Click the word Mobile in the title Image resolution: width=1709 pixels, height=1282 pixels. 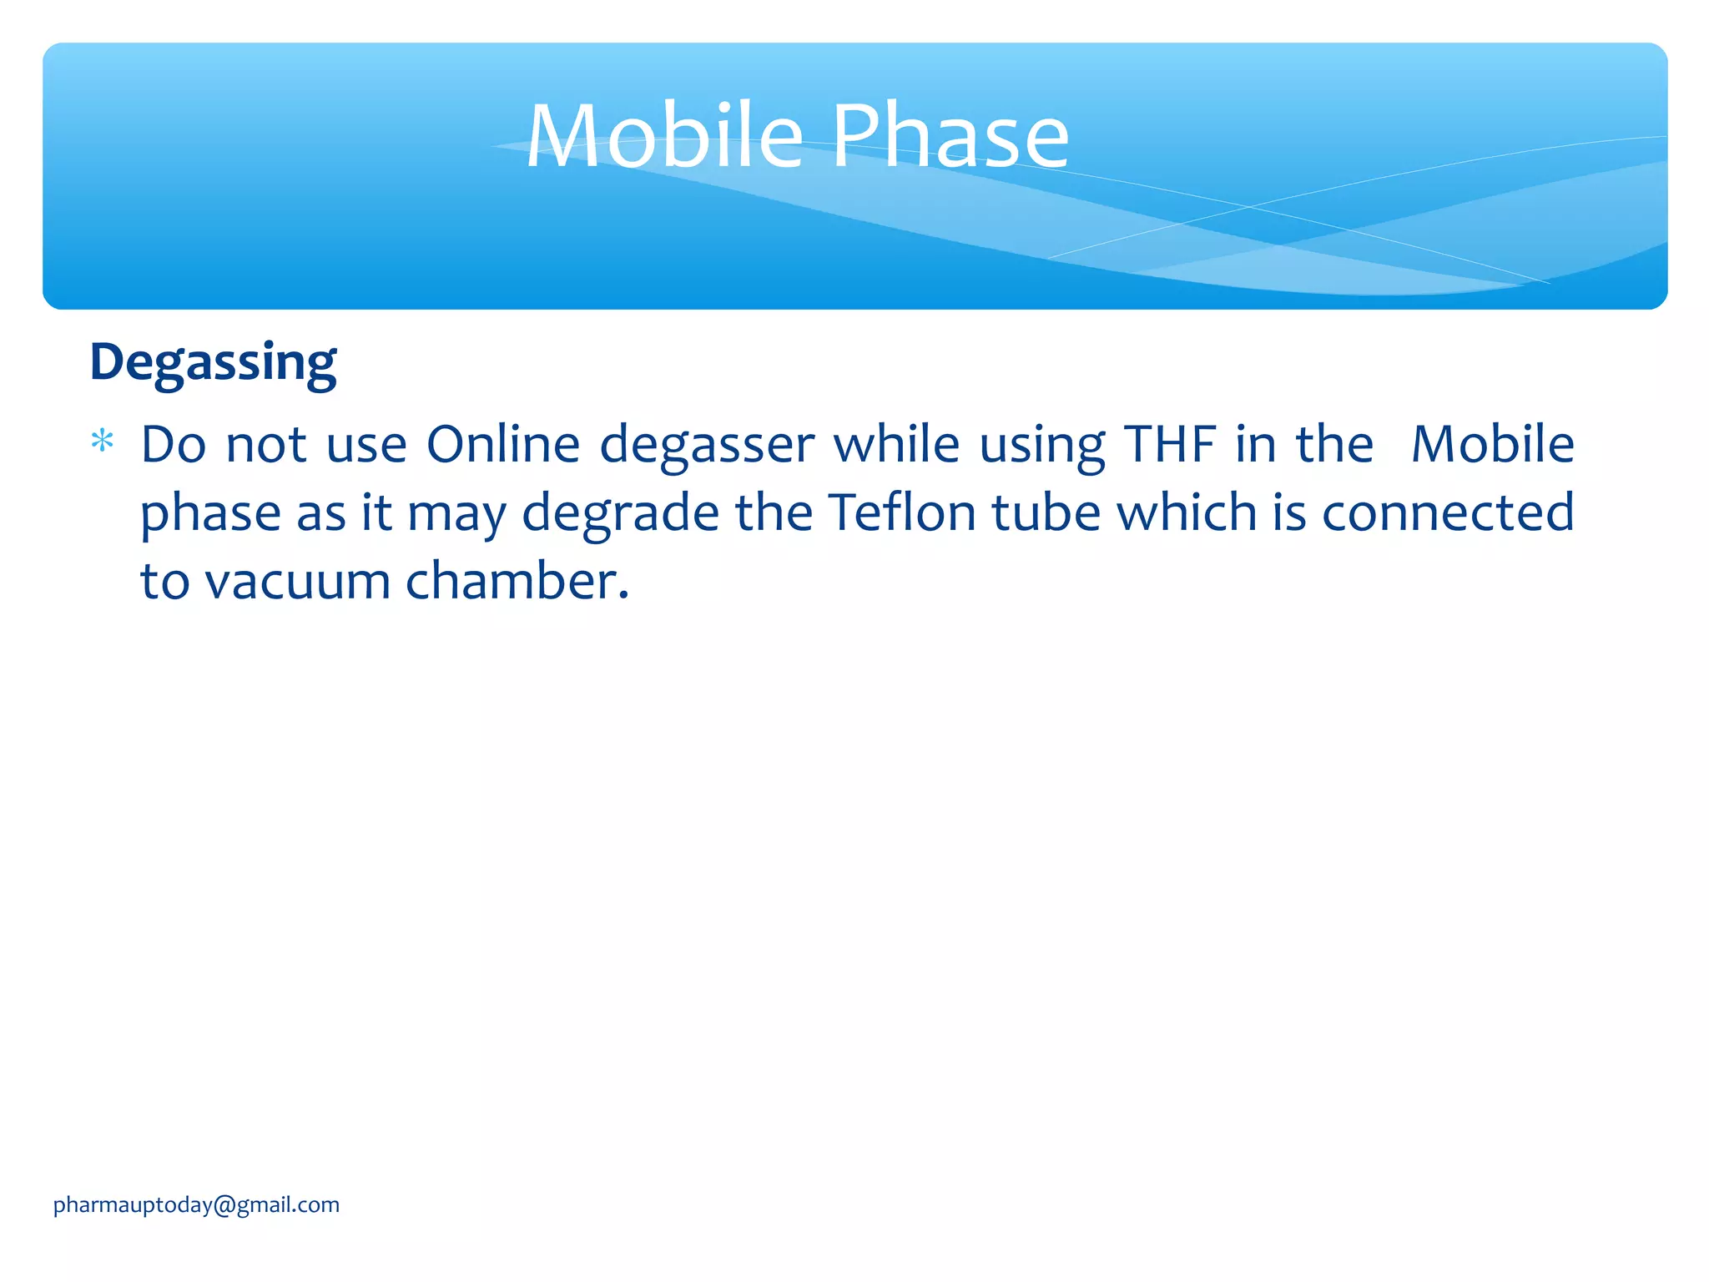(664, 136)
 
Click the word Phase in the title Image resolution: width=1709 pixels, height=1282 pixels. (950, 136)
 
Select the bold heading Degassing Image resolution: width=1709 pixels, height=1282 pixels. (213, 363)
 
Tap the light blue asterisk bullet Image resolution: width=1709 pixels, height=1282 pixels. (102, 441)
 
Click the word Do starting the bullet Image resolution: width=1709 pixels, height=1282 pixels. (173, 444)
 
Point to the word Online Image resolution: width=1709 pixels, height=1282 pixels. (502, 444)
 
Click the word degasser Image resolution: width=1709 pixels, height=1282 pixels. (707, 446)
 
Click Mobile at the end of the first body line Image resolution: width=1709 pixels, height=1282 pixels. (1492, 444)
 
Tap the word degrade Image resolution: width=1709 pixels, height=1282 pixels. (620, 513)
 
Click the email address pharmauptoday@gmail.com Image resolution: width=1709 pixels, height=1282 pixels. (196, 1204)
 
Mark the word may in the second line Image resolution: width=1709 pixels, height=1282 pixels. (456, 513)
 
